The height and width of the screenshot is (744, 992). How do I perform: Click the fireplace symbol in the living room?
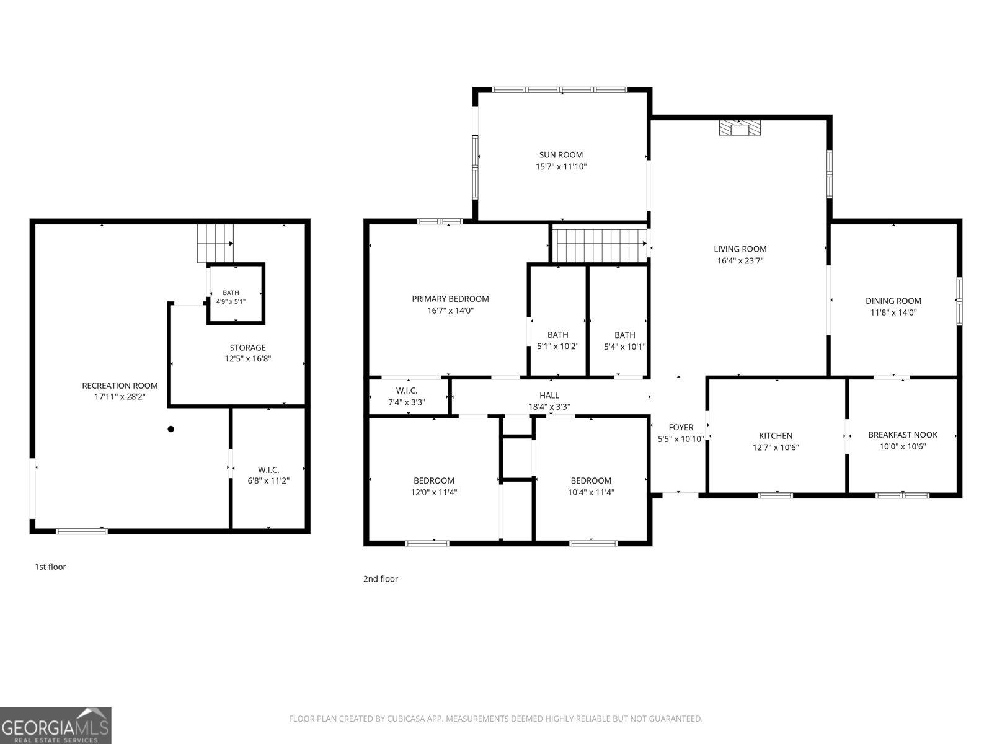click(x=740, y=128)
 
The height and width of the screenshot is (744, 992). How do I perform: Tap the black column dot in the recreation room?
click(x=171, y=428)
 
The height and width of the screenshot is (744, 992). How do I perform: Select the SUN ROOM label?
click(x=561, y=154)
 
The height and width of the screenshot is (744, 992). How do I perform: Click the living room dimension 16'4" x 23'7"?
click(x=740, y=260)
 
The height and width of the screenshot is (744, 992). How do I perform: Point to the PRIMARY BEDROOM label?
click(x=450, y=299)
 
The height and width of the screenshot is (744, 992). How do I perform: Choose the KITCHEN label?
click(x=775, y=435)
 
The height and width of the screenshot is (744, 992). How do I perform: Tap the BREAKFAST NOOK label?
click(x=903, y=435)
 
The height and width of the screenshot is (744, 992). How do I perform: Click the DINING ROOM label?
click(x=893, y=301)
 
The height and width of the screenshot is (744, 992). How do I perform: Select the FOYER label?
click(x=681, y=427)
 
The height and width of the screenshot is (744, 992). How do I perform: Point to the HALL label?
click(x=549, y=396)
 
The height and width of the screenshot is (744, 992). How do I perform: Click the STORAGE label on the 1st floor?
click(x=247, y=347)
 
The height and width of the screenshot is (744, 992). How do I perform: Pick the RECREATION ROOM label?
click(x=120, y=385)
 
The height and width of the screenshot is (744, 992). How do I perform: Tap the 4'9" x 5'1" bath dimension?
click(x=231, y=301)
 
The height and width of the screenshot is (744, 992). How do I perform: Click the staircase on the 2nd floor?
click(x=600, y=246)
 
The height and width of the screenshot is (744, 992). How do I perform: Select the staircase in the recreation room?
click(x=216, y=244)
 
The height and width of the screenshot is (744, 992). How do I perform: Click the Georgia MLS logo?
click(x=56, y=725)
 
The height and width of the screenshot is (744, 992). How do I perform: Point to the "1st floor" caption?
click(x=50, y=567)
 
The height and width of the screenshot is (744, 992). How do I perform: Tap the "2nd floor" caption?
click(x=381, y=578)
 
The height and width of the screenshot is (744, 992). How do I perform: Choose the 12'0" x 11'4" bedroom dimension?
click(x=434, y=492)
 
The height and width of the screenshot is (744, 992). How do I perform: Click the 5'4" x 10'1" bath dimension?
click(x=624, y=347)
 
